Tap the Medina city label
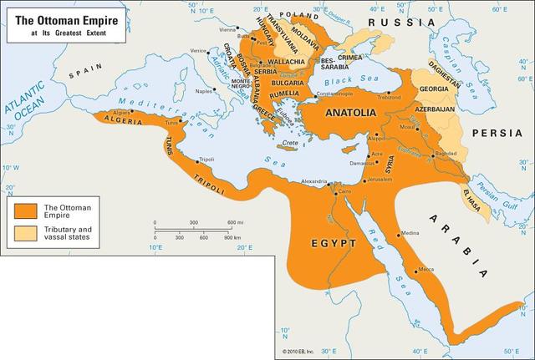coord(410,233)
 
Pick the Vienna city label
coord(228,29)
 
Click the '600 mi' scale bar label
coord(232,222)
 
